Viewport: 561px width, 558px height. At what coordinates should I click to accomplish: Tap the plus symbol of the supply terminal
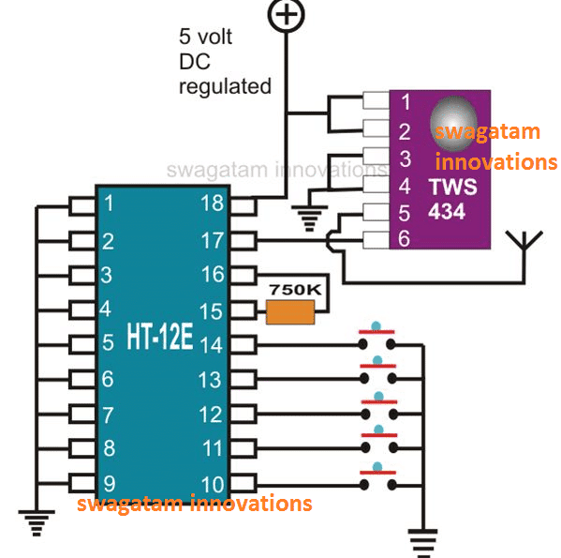click(x=287, y=14)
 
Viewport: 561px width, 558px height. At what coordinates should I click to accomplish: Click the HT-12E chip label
click(x=159, y=340)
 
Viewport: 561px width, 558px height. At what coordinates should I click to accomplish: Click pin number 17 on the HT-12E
click(x=213, y=239)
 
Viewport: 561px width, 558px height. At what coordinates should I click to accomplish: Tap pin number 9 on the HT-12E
click(x=109, y=484)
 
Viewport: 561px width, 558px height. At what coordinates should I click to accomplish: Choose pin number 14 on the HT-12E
click(x=213, y=344)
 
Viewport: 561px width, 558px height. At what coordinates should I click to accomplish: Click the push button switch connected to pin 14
click(x=376, y=339)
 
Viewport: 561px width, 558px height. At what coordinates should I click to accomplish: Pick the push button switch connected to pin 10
click(x=376, y=479)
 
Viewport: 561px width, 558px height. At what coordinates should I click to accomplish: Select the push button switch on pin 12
click(x=376, y=410)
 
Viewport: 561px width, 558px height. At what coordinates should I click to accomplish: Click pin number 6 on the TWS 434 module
click(x=405, y=239)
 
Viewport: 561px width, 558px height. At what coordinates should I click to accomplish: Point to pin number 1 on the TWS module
click(x=405, y=99)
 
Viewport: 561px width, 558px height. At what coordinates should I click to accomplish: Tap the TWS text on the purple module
click(x=452, y=187)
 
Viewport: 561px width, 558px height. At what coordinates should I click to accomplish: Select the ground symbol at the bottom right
click(x=423, y=538)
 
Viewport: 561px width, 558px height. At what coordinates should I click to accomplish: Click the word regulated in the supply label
click(x=225, y=86)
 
